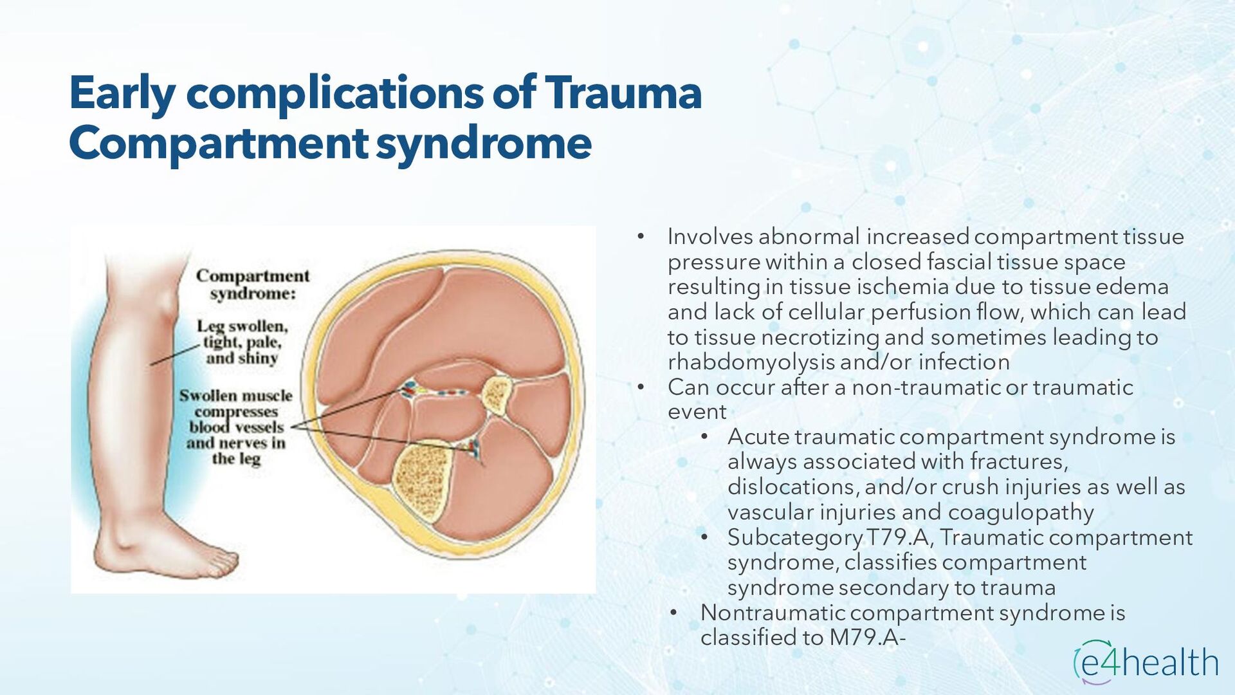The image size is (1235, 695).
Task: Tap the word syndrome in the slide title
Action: pyautogui.click(x=483, y=143)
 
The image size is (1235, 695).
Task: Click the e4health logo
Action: pyautogui.click(x=1146, y=662)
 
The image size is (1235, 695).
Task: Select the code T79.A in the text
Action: pyautogui.click(x=897, y=537)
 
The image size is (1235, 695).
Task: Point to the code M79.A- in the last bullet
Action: pyautogui.click(x=867, y=638)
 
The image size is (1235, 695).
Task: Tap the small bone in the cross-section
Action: pyautogui.click(x=497, y=395)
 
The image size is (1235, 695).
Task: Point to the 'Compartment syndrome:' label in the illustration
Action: pyautogui.click(x=253, y=284)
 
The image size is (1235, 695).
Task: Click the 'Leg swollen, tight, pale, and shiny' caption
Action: pyautogui.click(x=242, y=342)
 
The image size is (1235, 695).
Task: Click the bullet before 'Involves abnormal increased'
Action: pyautogui.click(x=640, y=237)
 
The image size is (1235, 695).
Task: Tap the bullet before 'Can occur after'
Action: pyautogui.click(x=640, y=388)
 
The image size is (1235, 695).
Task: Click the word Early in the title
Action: pyautogui.click(x=122, y=93)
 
